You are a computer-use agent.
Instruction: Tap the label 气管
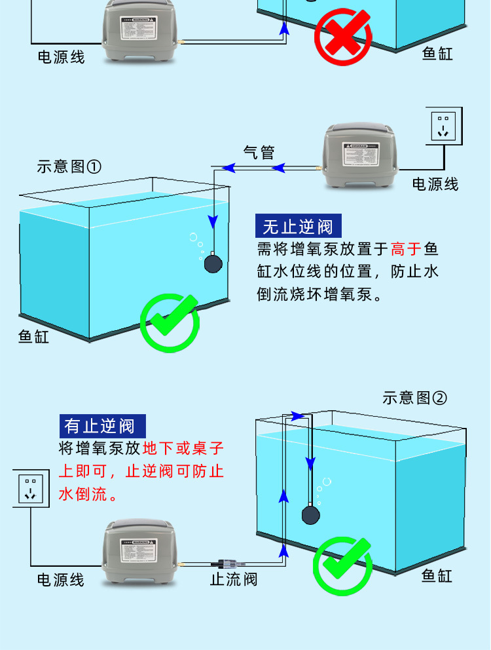[x=259, y=153]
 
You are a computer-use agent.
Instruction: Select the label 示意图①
[x=69, y=166]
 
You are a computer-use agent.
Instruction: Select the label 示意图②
[x=414, y=398]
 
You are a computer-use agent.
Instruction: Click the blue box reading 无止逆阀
[x=299, y=227]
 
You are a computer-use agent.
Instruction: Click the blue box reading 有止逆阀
[x=103, y=425]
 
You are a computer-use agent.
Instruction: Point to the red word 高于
[x=407, y=250]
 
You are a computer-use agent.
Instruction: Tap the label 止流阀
[x=234, y=579]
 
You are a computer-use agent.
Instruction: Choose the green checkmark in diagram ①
[x=170, y=322]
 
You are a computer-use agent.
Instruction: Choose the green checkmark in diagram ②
[x=342, y=564]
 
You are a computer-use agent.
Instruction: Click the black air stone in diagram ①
[x=213, y=263]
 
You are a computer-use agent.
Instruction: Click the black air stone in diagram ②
[x=310, y=514]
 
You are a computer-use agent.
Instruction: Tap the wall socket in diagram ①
[x=444, y=125]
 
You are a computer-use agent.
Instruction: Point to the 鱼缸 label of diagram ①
[x=33, y=337]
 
